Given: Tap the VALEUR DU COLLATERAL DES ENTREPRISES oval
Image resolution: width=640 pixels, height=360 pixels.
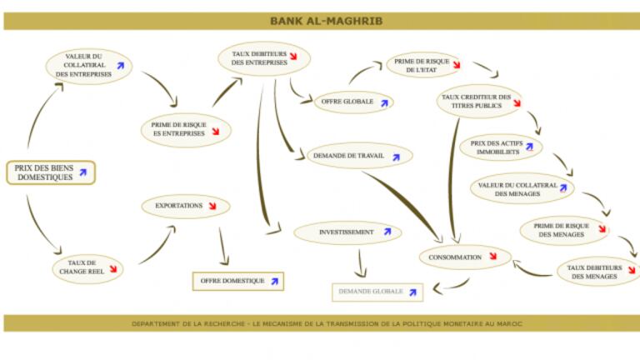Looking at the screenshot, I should tap(88, 66).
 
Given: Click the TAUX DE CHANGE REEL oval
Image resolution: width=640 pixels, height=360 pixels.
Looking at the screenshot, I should tap(88, 267).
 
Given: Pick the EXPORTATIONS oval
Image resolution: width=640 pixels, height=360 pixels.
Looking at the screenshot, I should tap(184, 205).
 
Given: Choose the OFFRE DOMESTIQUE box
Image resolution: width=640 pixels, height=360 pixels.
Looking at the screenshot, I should tap(237, 281).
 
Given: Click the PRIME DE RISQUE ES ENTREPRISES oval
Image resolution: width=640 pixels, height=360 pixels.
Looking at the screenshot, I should tap(184, 129).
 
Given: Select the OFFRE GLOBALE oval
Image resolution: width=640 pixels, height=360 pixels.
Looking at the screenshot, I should tap(352, 102).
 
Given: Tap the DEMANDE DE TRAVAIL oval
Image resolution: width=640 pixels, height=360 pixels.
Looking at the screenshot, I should tap(358, 155).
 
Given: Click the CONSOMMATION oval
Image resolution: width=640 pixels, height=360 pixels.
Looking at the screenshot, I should tap(462, 257).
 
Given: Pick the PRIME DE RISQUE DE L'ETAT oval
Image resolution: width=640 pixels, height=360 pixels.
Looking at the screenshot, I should tap(427, 66).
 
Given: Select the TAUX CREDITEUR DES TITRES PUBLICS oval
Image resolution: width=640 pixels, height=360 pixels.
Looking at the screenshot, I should tap(478, 102).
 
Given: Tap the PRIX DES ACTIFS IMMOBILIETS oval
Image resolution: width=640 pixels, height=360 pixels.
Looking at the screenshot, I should tap(500, 148).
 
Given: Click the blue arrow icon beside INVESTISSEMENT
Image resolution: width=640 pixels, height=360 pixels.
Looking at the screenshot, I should tap(387, 232).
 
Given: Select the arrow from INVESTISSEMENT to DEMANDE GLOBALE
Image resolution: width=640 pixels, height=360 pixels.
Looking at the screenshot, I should tap(359, 262).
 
